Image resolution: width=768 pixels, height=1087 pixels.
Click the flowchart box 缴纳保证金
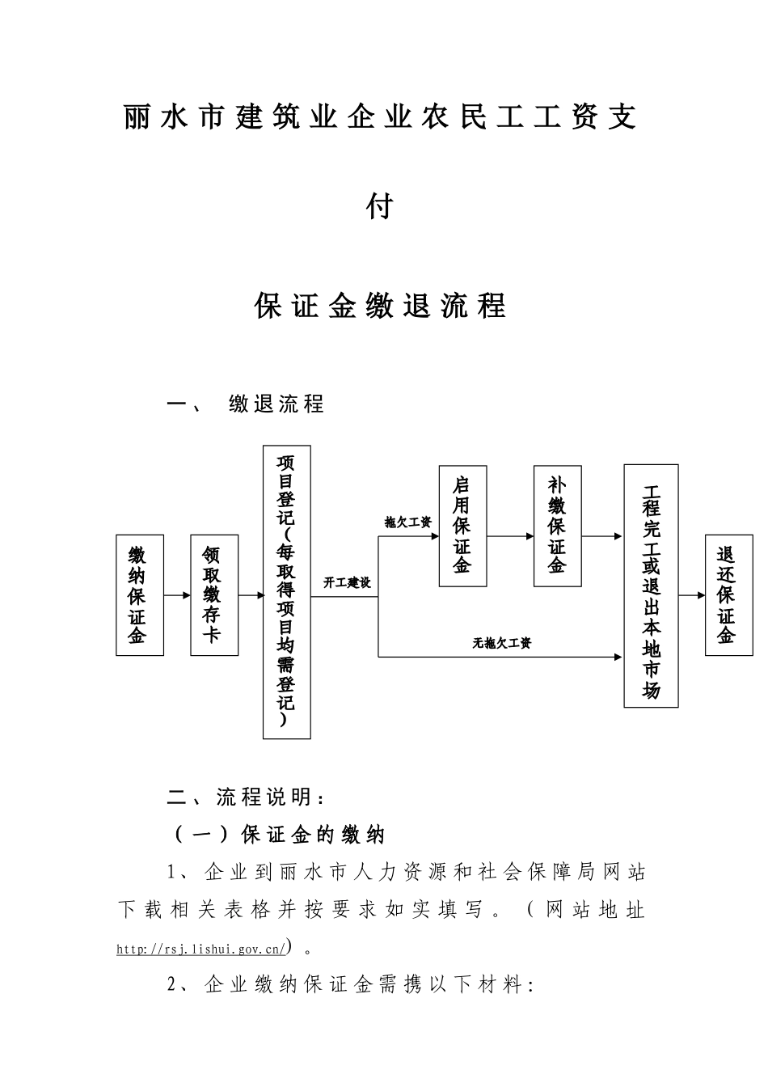(140, 594)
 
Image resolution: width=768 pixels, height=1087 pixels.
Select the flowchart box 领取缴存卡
(214, 594)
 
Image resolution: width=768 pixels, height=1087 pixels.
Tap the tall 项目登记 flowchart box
(286, 591)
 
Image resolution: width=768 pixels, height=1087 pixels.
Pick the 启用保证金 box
(462, 526)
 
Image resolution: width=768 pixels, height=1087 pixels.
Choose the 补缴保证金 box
(557, 526)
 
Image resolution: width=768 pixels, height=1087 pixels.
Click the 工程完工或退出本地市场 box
(651, 586)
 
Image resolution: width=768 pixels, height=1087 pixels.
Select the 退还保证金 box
(728, 594)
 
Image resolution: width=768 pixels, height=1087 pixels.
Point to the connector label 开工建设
(347, 582)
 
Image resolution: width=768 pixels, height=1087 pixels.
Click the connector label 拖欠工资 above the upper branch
(407, 522)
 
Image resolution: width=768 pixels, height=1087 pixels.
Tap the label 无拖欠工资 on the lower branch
(502, 644)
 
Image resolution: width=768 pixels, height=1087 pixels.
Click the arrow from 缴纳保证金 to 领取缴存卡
(177, 596)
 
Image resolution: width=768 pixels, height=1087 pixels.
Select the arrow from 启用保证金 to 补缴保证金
(510, 536)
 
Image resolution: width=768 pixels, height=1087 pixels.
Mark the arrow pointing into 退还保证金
(692, 596)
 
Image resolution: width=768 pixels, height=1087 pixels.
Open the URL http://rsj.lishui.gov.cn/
(200, 949)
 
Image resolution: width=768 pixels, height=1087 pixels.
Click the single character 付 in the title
(379, 207)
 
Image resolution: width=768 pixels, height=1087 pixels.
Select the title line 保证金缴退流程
(380, 307)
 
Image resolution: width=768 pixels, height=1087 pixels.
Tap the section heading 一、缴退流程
(245, 404)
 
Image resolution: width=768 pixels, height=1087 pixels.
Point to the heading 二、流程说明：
(247, 797)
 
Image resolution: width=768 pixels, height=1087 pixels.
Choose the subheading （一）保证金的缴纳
(280, 835)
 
